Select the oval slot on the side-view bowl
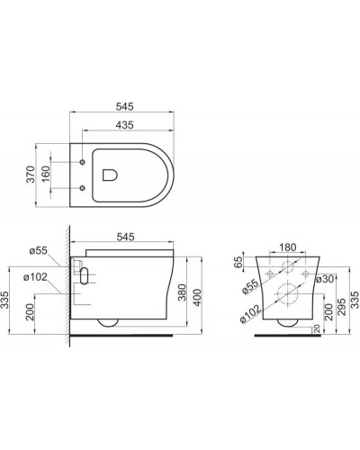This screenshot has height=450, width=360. point(84,276)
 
